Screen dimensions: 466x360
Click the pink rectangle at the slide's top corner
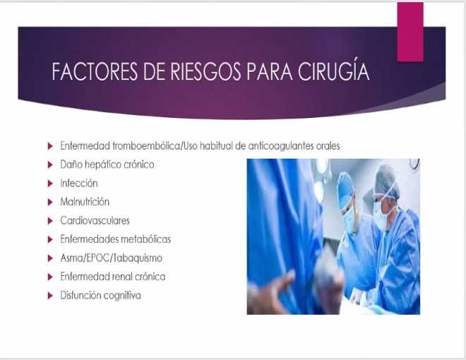click(x=410, y=32)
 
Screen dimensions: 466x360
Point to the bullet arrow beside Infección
click(x=50, y=184)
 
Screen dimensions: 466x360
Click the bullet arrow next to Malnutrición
click(x=50, y=203)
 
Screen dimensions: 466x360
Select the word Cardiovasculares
click(x=95, y=221)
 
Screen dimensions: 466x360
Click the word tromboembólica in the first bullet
click(x=146, y=146)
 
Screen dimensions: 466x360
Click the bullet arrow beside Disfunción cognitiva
click(x=50, y=296)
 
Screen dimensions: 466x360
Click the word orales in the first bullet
click(x=330, y=146)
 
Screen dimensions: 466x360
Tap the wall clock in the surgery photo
click(x=414, y=164)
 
